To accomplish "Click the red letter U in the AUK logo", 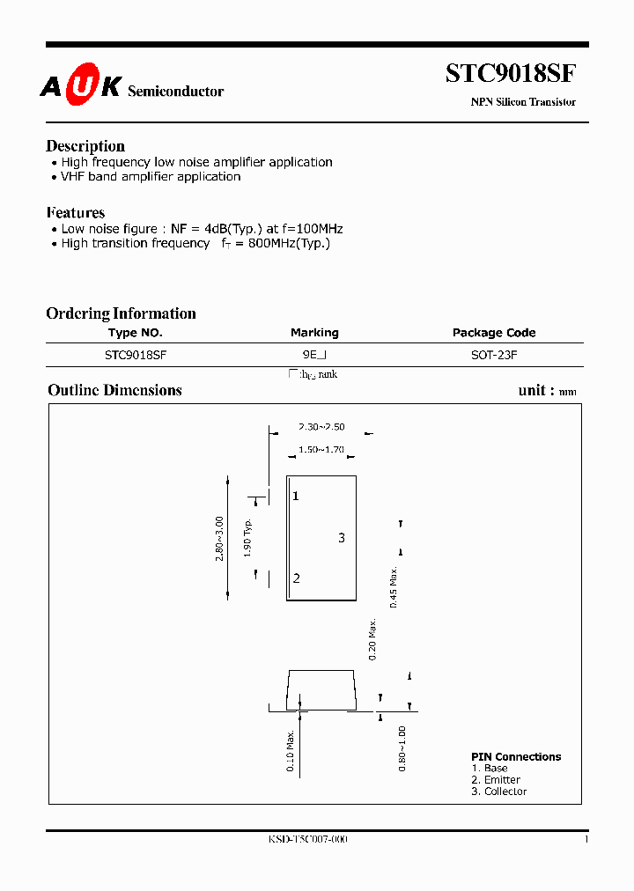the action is tap(80, 85).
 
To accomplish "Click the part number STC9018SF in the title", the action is tap(511, 73).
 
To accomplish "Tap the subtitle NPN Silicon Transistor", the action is tap(523, 102).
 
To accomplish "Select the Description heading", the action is tap(85, 146).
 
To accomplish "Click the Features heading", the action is tap(75, 213).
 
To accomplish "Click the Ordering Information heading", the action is tap(121, 313).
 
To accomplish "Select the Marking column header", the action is tap(314, 333).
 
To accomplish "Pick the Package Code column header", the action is tap(494, 333).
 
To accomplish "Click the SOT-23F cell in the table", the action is tap(494, 355).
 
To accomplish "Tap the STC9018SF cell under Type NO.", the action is tap(136, 355).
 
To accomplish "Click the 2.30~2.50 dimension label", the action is tap(321, 426).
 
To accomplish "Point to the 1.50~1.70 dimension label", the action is tap(321, 450).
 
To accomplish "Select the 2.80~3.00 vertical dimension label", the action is tap(219, 539).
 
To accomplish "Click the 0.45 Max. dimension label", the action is tap(394, 586).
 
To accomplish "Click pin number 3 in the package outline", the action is tap(342, 538).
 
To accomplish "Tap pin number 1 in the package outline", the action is tap(296, 497).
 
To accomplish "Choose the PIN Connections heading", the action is tap(516, 757).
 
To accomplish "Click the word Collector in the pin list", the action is tap(505, 792).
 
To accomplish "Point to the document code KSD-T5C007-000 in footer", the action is tap(308, 840).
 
